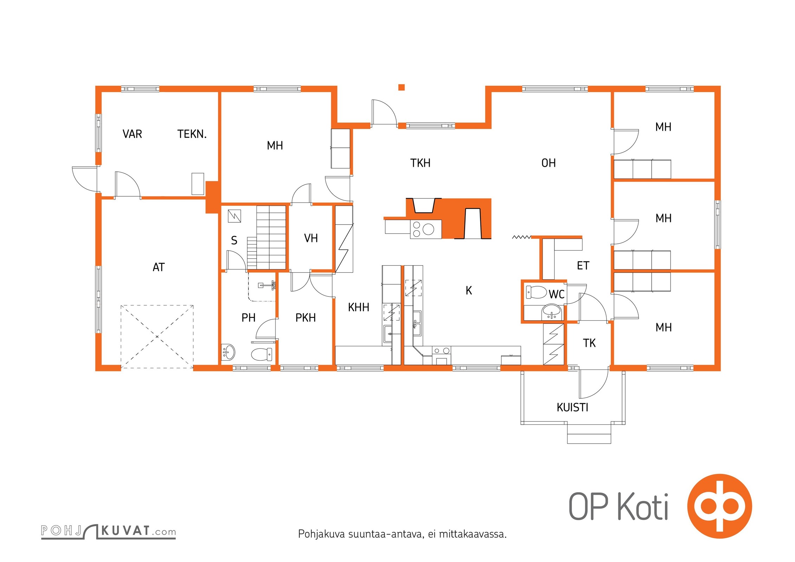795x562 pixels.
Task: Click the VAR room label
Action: [132, 134]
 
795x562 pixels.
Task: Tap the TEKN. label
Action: [192, 134]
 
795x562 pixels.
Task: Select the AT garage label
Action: [159, 267]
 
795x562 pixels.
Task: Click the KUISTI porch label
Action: [573, 407]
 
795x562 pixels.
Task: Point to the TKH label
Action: [420, 163]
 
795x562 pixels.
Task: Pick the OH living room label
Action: [549, 163]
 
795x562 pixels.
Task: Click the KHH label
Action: [358, 307]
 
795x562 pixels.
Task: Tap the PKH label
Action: [305, 318]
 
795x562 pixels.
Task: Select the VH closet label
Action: [311, 238]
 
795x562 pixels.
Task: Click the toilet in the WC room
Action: [536, 292]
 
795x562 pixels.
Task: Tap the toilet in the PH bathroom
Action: [262, 354]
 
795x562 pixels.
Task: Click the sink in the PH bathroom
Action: [228, 352]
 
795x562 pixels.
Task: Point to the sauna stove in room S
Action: [234, 216]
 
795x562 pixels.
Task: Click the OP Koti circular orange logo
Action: [719, 506]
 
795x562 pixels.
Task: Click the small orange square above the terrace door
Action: [401, 87]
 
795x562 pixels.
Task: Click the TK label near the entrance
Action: [589, 343]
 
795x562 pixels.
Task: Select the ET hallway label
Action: [583, 266]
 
